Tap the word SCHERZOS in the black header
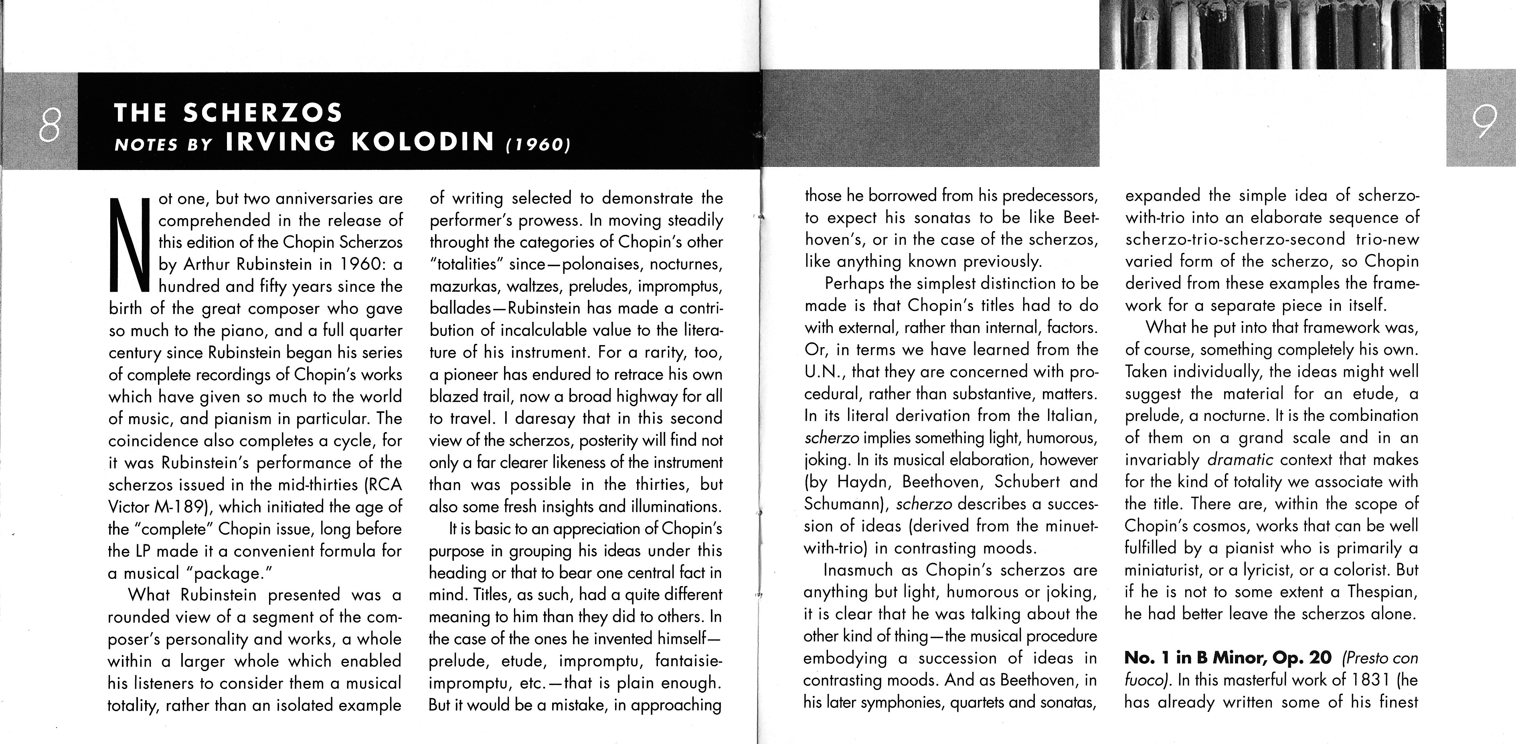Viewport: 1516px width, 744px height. click(263, 113)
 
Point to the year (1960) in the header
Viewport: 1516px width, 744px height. click(538, 145)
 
